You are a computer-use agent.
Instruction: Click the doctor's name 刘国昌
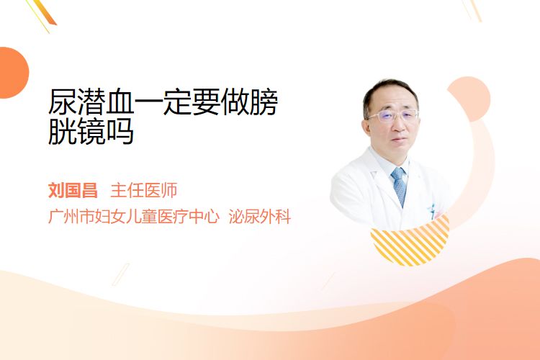(x=73, y=191)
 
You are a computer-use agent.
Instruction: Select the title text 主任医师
(x=144, y=191)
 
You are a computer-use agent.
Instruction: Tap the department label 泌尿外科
(x=260, y=216)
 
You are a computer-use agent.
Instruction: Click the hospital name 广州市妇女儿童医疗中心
(x=134, y=216)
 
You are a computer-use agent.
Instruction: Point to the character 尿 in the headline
(x=63, y=102)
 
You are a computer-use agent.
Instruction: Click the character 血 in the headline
(x=120, y=102)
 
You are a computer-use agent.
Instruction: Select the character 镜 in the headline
(x=91, y=131)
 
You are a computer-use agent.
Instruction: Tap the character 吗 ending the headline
(x=120, y=131)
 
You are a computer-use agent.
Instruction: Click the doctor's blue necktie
(x=400, y=186)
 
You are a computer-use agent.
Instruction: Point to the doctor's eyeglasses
(x=392, y=116)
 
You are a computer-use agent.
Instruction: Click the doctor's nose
(x=398, y=127)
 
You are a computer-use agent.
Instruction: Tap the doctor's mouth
(x=400, y=140)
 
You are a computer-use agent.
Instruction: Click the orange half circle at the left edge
(x=14, y=73)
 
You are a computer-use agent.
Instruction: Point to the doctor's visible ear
(x=366, y=127)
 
